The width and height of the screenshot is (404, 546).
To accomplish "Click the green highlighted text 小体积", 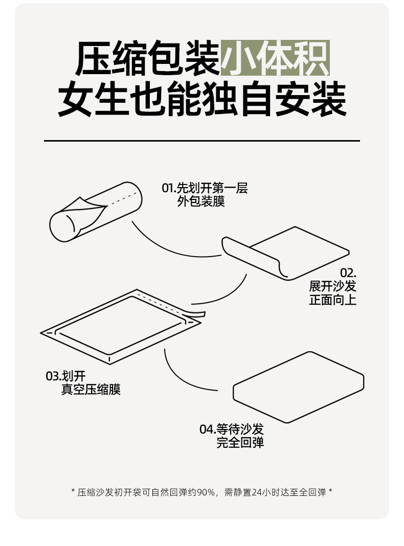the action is pyautogui.click(x=275, y=58).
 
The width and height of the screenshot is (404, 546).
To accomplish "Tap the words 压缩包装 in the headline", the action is pyautogui.click(x=148, y=58).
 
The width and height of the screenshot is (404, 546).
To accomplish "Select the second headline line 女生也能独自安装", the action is pyautogui.click(x=202, y=99).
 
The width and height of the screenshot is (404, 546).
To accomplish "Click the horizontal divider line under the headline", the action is pyautogui.click(x=202, y=141).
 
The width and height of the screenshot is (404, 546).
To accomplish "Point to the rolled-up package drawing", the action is pyautogui.click(x=96, y=212).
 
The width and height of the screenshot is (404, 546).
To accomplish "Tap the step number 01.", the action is pyautogui.click(x=169, y=188).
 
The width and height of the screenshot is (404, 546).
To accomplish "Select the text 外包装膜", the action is pyautogui.click(x=201, y=201).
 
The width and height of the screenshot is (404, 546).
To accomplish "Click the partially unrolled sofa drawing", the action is pyautogui.click(x=285, y=253).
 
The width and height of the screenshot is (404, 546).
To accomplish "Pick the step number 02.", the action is pyautogui.click(x=348, y=272).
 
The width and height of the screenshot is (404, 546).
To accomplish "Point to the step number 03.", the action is pyautogui.click(x=53, y=376).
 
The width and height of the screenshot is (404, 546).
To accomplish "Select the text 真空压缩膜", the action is pyautogui.click(x=91, y=389).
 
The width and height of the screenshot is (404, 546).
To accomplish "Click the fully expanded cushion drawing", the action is pyautogui.click(x=299, y=387).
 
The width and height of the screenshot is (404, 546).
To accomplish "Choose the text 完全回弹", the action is pyautogui.click(x=240, y=443).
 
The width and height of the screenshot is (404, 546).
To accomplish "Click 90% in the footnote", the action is pyautogui.click(x=206, y=492).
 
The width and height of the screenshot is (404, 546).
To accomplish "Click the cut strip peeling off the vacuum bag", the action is pyautogui.click(x=195, y=314).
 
